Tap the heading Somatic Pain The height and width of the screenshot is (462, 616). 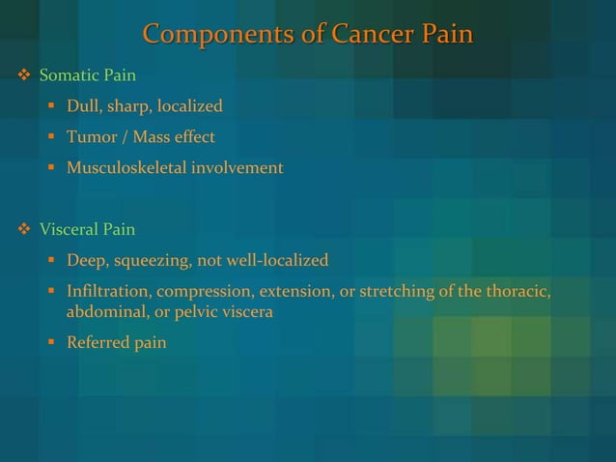click(x=87, y=75)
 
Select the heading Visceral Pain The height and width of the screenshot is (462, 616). click(x=87, y=230)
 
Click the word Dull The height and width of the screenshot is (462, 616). click(x=83, y=106)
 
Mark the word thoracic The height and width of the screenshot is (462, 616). click(x=518, y=292)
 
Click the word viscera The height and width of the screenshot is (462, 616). click(x=246, y=313)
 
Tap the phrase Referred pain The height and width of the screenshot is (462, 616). click(x=116, y=343)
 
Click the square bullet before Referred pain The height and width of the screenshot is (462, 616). click(x=51, y=343)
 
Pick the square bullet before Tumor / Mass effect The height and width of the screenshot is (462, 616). click(x=51, y=137)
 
